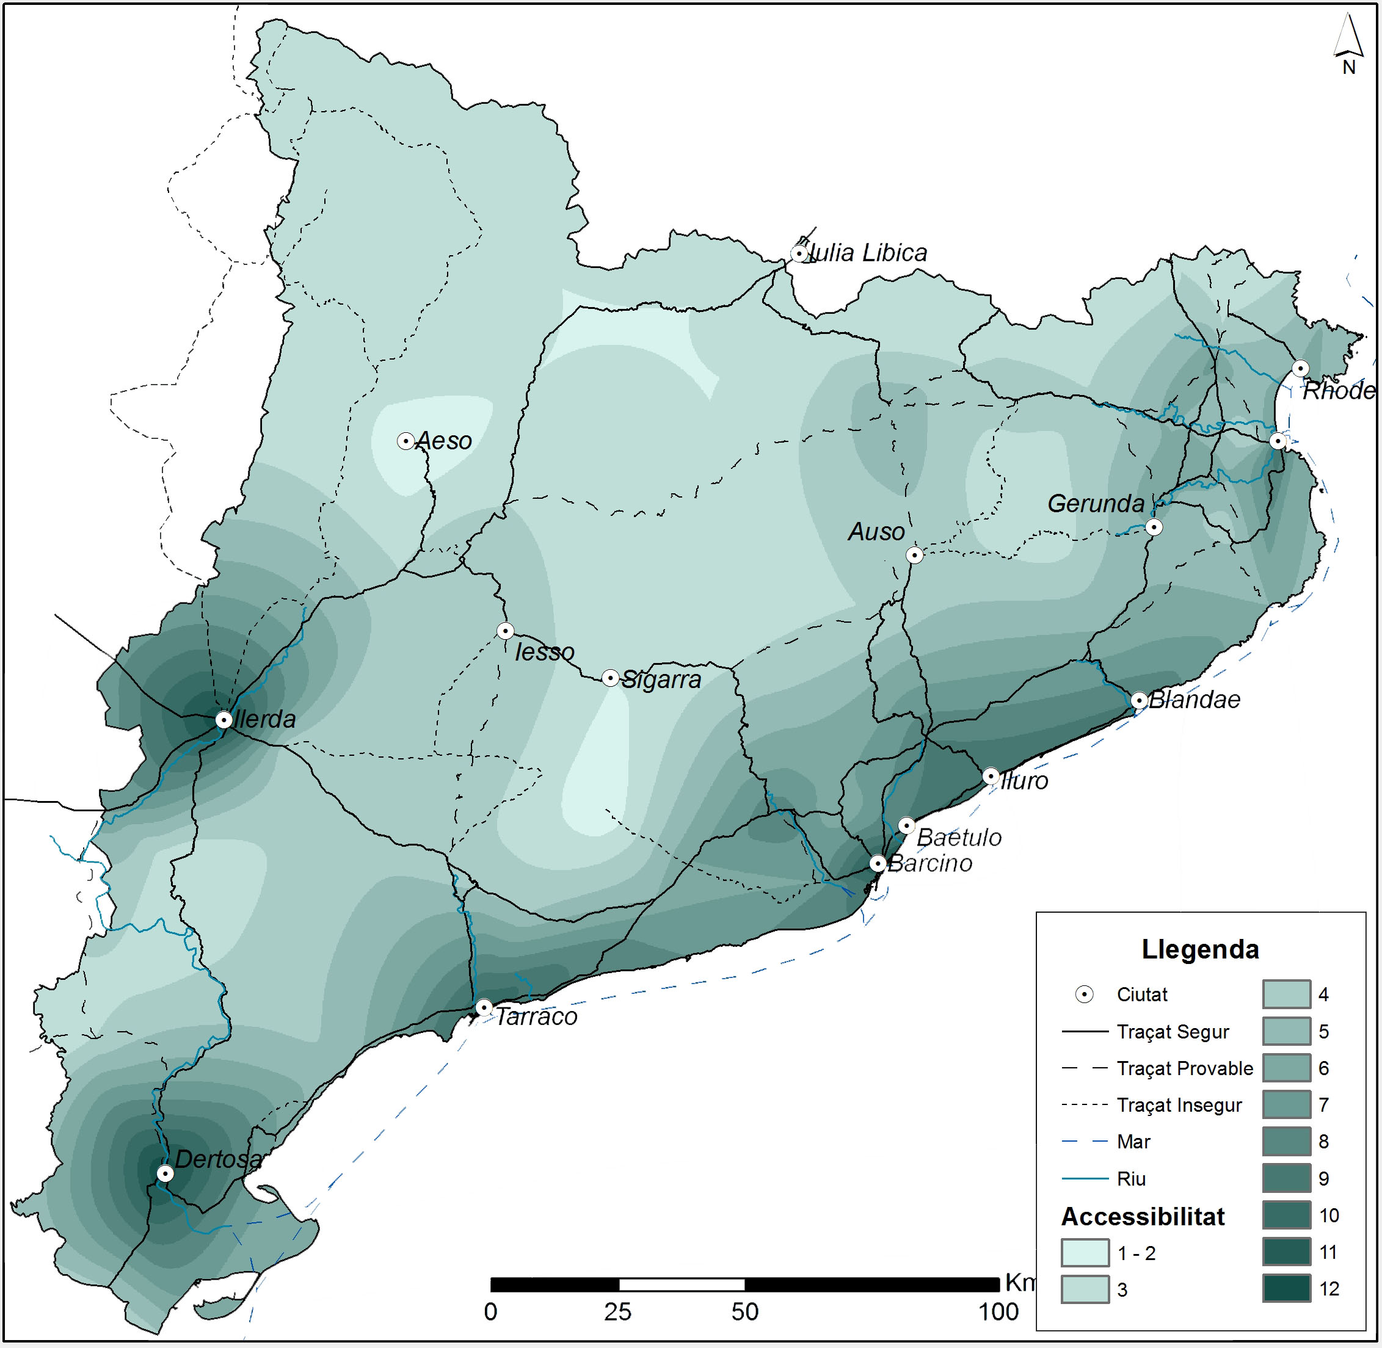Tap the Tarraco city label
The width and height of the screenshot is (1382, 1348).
tap(536, 1016)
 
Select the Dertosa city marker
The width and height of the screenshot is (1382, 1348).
tap(165, 1173)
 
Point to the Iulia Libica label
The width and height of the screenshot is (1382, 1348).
tap(868, 253)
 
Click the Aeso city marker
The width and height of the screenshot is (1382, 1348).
tap(405, 441)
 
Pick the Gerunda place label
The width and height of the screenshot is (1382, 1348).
tap(1096, 504)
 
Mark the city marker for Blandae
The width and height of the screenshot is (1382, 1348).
tap(1139, 701)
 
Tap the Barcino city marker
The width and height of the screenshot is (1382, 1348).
tap(878, 864)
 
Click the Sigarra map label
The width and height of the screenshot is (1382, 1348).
tap(661, 679)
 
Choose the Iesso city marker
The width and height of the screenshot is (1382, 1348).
tap(505, 631)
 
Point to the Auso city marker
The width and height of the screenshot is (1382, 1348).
tap(914, 555)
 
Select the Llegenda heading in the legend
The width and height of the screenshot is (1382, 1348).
tap(1200, 949)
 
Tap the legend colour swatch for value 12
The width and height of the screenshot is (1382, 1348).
tap(1286, 1289)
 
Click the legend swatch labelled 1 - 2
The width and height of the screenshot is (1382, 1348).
tap(1085, 1252)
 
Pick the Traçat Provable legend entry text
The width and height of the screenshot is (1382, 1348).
tap(1184, 1068)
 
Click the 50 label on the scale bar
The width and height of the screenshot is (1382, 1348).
tap(745, 1312)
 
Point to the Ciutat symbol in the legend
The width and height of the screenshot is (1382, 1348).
tap(1084, 995)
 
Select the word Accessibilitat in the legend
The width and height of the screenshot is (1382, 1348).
tap(1143, 1216)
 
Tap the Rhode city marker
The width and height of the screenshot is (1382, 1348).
tap(1300, 368)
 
